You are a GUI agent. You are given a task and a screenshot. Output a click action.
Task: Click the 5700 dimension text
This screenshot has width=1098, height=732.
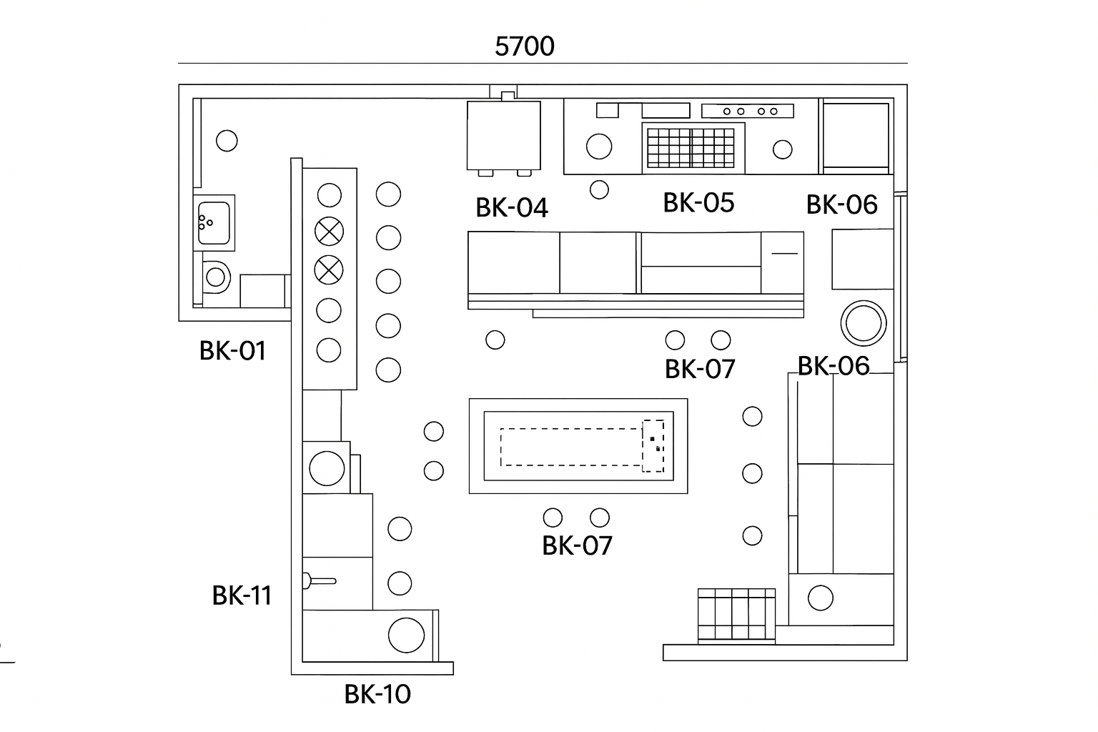pyautogui.click(x=524, y=46)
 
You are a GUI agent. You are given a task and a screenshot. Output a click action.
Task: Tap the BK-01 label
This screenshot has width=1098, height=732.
pyautogui.click(x=232, y=351)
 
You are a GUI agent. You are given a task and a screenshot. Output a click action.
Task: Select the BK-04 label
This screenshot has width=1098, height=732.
pyautogui.click(x=512, y=208)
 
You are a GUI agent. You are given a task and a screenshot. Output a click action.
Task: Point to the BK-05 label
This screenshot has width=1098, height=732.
pyautogui.click(x=698, y=203)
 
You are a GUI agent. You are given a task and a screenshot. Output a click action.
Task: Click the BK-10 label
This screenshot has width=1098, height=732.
pyautogui.click(x=377, y=694)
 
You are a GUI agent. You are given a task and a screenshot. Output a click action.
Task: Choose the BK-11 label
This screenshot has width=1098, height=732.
pyautogui.click(x=242, y=595)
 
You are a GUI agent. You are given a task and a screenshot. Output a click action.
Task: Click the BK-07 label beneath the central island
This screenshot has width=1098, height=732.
pyautogui.click(x=577, y=545)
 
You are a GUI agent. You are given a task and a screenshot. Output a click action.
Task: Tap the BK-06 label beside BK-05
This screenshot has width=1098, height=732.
pyautogui.click(x=841, y=204)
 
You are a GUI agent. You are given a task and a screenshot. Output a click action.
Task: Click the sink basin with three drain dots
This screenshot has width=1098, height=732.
pyautogui.click(x=214, y=222)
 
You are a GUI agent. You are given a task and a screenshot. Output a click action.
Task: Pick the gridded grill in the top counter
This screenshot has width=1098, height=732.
pyautogui.click(x=693, y=147)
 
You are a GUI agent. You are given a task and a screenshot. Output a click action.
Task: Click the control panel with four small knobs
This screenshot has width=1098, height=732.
pyautogui.click(x=748, y=111)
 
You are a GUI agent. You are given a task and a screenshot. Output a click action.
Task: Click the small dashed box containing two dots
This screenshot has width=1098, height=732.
pyautogui.click(x=653, y=445)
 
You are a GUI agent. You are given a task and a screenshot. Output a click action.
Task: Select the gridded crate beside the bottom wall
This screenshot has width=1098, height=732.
pyautogui.click(x=736, y=615)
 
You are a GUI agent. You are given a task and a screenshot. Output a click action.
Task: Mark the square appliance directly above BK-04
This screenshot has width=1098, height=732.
pyautogui.click(x=503, y=136)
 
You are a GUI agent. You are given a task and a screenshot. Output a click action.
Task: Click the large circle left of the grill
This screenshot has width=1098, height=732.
pyautogui.click(x=599, y=147)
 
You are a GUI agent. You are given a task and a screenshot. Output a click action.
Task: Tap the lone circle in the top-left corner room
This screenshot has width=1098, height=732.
pyautogui.click(x=227, y=141)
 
